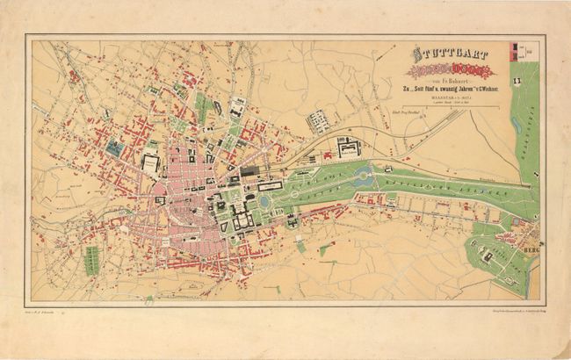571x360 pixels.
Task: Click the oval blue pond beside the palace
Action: (x=264, y=201)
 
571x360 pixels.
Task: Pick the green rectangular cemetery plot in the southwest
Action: (x=90, y=257)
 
